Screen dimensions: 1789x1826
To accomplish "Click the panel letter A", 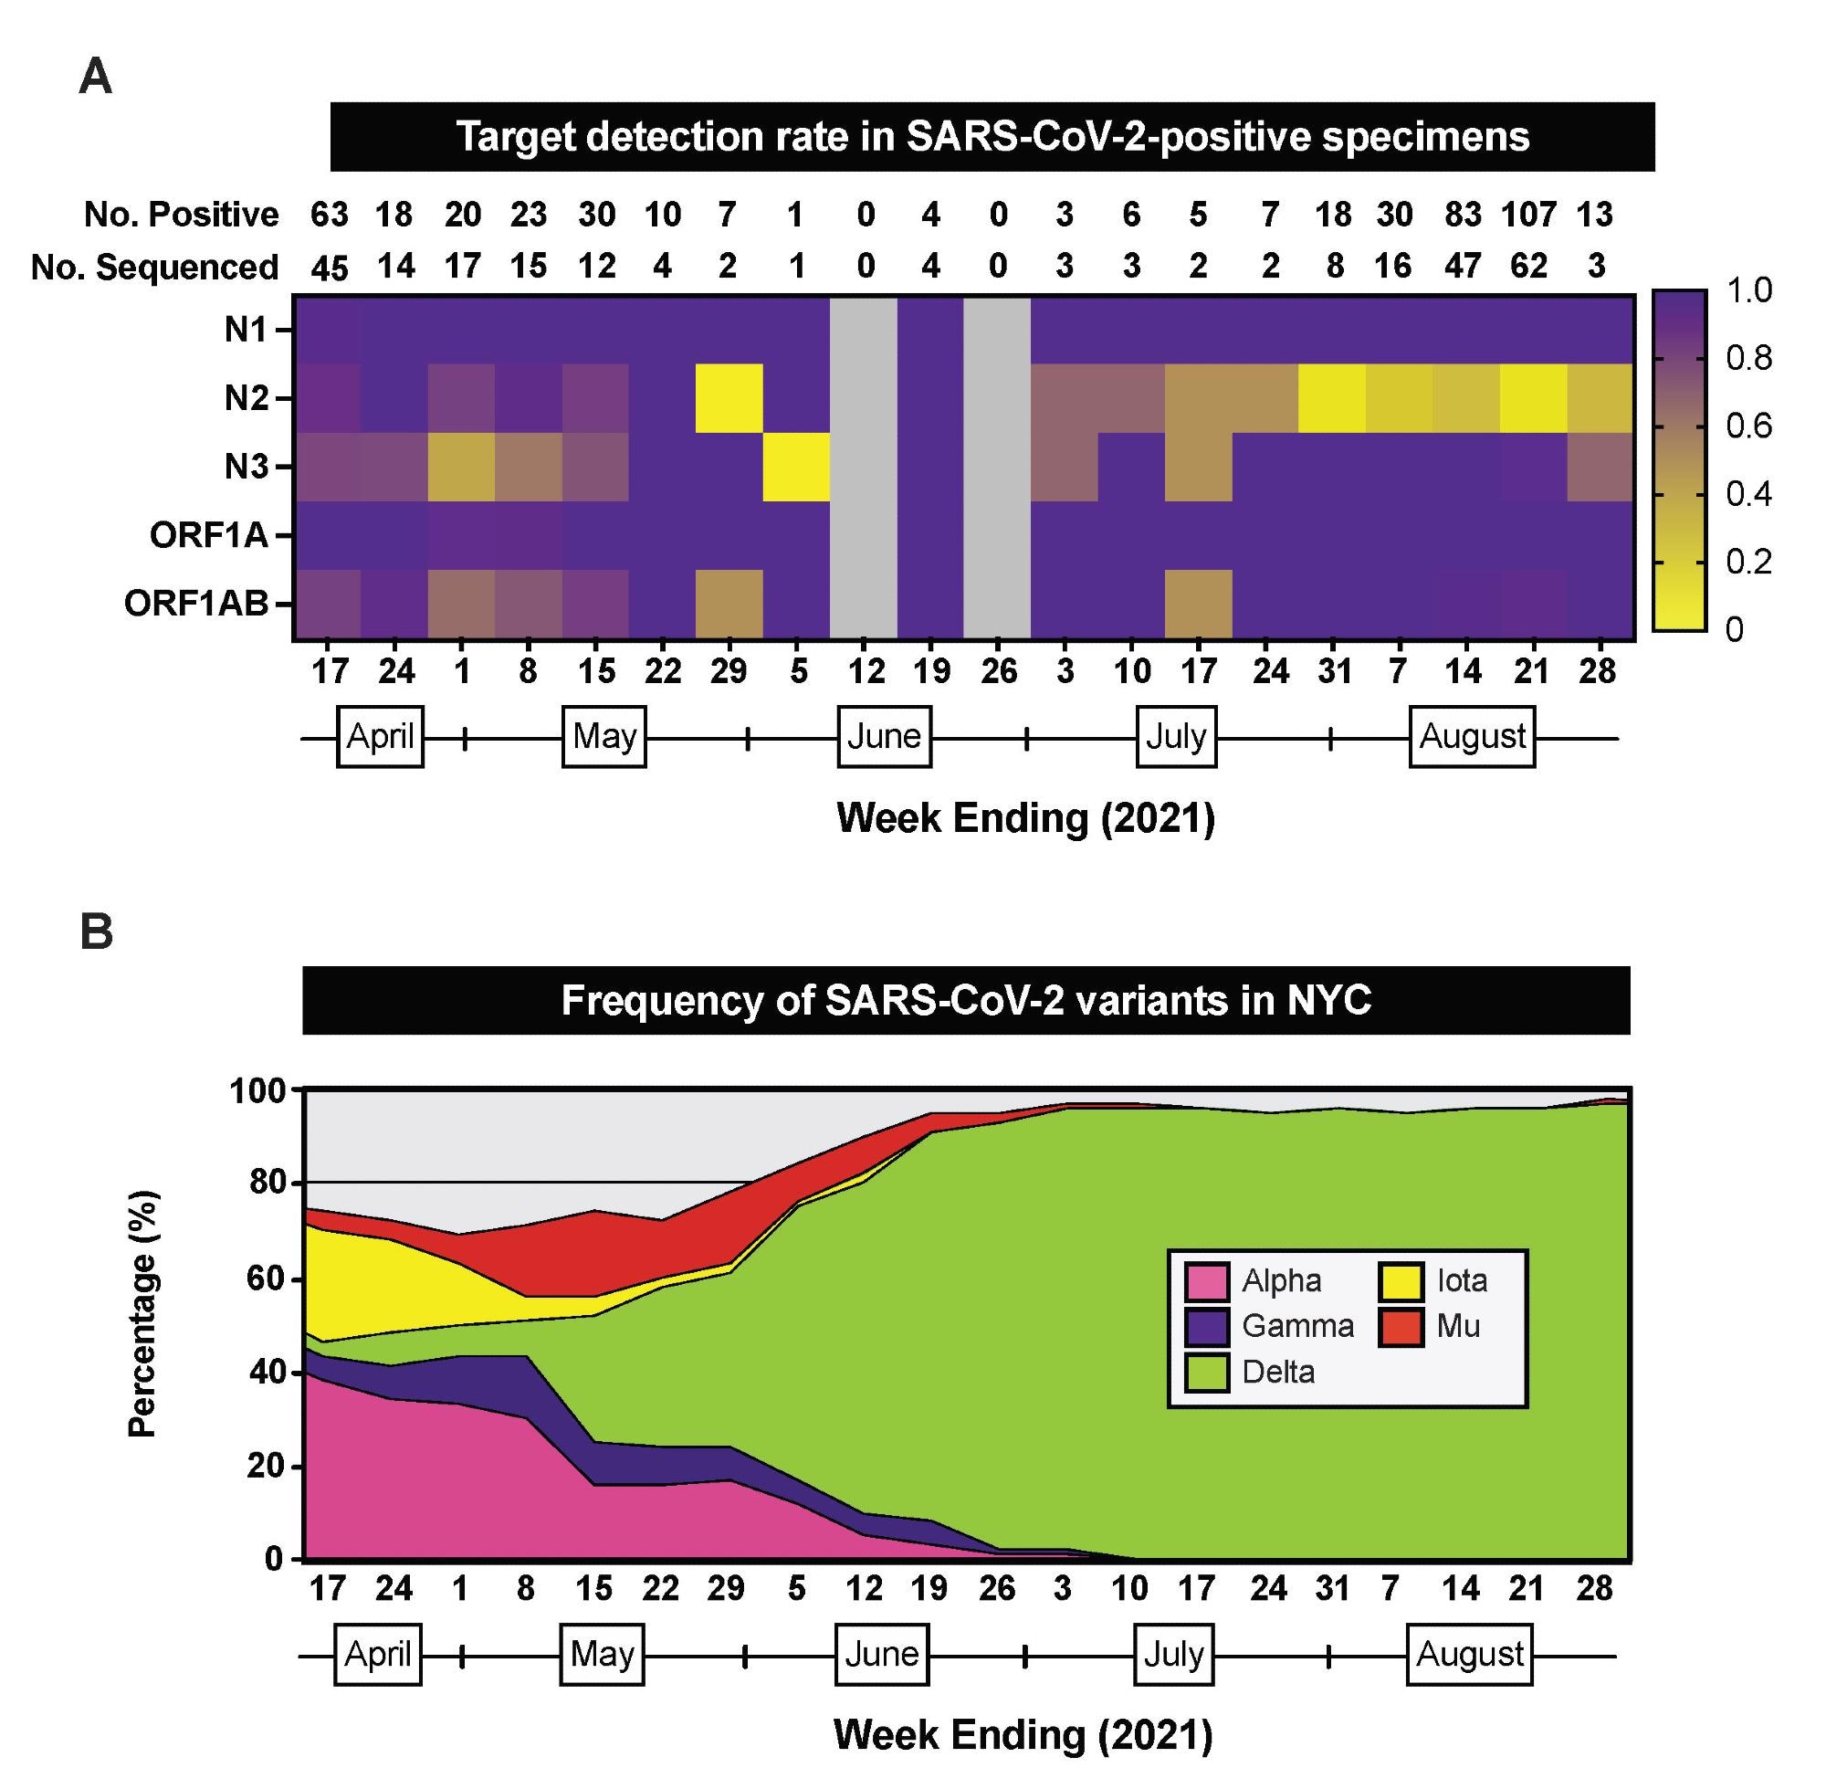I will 96,76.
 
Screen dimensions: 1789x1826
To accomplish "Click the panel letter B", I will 96,933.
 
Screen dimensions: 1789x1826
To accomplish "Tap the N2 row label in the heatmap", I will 247,398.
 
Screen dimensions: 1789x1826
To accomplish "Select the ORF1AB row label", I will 196,605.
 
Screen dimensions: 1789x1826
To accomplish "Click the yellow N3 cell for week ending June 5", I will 795,467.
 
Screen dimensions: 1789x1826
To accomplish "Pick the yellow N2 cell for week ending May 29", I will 729,398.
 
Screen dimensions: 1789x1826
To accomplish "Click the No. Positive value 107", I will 1528,216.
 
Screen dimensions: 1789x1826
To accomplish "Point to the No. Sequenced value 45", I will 330,268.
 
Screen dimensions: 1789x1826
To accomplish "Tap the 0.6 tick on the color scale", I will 1749,426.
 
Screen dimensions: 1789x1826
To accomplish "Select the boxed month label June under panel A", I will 884,737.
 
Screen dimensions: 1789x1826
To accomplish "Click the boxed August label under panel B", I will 1469,1653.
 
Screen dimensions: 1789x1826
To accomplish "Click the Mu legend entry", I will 1458,1327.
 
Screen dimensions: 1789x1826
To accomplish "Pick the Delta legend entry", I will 1277,1373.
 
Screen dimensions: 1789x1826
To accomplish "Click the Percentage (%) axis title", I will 142,1314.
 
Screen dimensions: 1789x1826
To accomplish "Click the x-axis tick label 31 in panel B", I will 1331,1589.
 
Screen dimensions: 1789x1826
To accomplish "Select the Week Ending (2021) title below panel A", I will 1025,818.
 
